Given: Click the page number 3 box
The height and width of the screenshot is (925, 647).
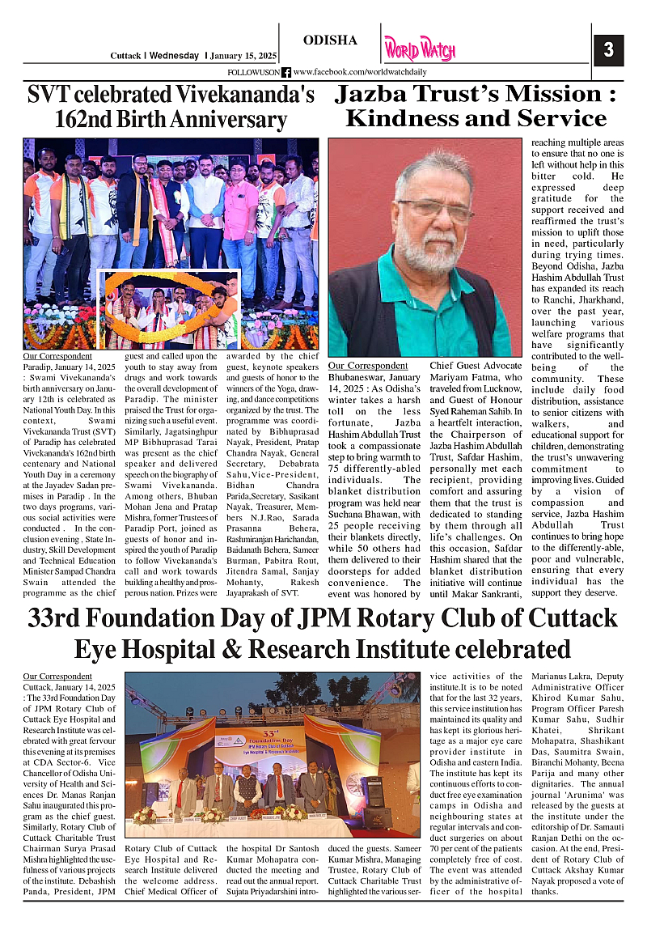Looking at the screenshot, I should click(x=608, y=50).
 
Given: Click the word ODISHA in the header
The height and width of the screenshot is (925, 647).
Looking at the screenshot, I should click(x=330, y=41).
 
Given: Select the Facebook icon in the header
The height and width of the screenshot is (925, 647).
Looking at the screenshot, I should click(x=285, y=73).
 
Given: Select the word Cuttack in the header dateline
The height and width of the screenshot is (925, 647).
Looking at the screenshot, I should click(x=125, y=56).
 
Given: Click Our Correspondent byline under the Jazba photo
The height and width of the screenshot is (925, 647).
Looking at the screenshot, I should click(x=368, y=366).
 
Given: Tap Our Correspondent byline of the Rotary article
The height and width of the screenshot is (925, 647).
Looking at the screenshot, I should click(x=57, y=676).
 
